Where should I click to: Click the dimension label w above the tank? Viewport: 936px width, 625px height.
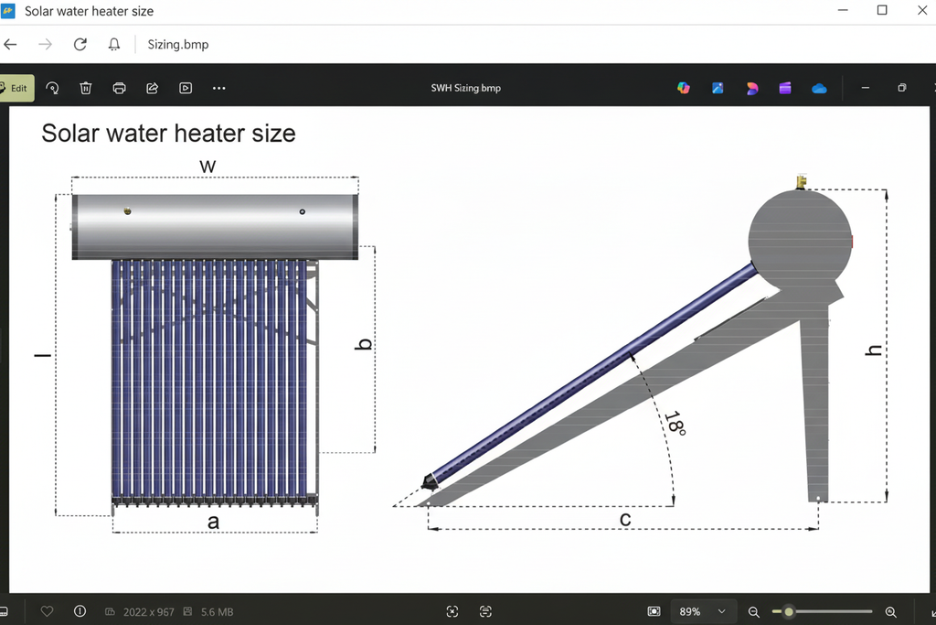pyautogui.click(x=208, y=166)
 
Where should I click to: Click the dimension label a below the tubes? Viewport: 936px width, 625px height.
pyautogui.click(x=214, y=522)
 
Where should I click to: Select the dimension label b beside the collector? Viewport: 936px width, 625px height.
pyautogui.click(x=364, y=345)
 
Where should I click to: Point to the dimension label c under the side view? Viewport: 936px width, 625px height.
pyautogui.click(x=625, y=520)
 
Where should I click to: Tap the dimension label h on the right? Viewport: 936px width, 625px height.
pyautogui.click(x=874, y=350)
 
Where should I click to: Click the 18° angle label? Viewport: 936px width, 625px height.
pyautogui.click(x=675, y=422)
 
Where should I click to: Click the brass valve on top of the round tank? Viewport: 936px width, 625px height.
pyautogui.click(x=802, y=181)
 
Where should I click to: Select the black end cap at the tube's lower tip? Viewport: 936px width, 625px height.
pyautogui.click(x=428, y=481)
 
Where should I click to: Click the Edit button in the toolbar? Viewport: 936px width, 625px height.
pyautogui.click(x=16, y=88)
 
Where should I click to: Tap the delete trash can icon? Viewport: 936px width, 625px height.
pyautogui.click(x=86, y=88)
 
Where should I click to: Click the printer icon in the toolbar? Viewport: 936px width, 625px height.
pyautogui.click(x=119, y=88)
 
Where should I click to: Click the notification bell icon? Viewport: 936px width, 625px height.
pyautogui.click(x=114, y=44)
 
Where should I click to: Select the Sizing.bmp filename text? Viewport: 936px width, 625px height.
pyautogui.click(x=178, y=44)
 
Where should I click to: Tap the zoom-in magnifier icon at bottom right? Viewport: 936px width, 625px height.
pyautogui.click(x=891, y=611)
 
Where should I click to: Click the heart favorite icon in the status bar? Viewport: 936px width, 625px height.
pyautogui.click(x=48, y=611)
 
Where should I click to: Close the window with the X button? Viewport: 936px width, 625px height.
pyautogui.click(x=922, y=11)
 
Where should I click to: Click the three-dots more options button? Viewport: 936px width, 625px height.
pyautogui.click(x=218, y=88)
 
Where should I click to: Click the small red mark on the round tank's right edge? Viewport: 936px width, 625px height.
pyautogui.click(x=852, y=242)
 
